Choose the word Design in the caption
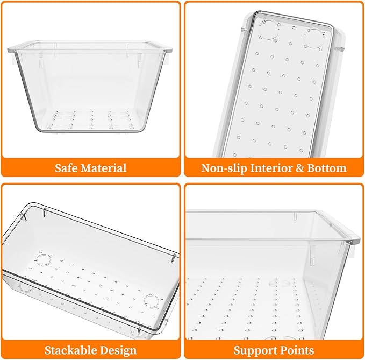(x=118, y=351)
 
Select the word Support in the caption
(x=255, y=351)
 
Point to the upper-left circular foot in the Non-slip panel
(x=269, y=30)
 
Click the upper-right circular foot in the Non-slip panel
(x=314, y=39)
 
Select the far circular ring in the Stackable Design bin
(x=44, y=259)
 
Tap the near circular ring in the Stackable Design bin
(x=151, y=301)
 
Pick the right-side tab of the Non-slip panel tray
(x=339, y=49)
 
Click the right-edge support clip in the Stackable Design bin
(x=173, y=258)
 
